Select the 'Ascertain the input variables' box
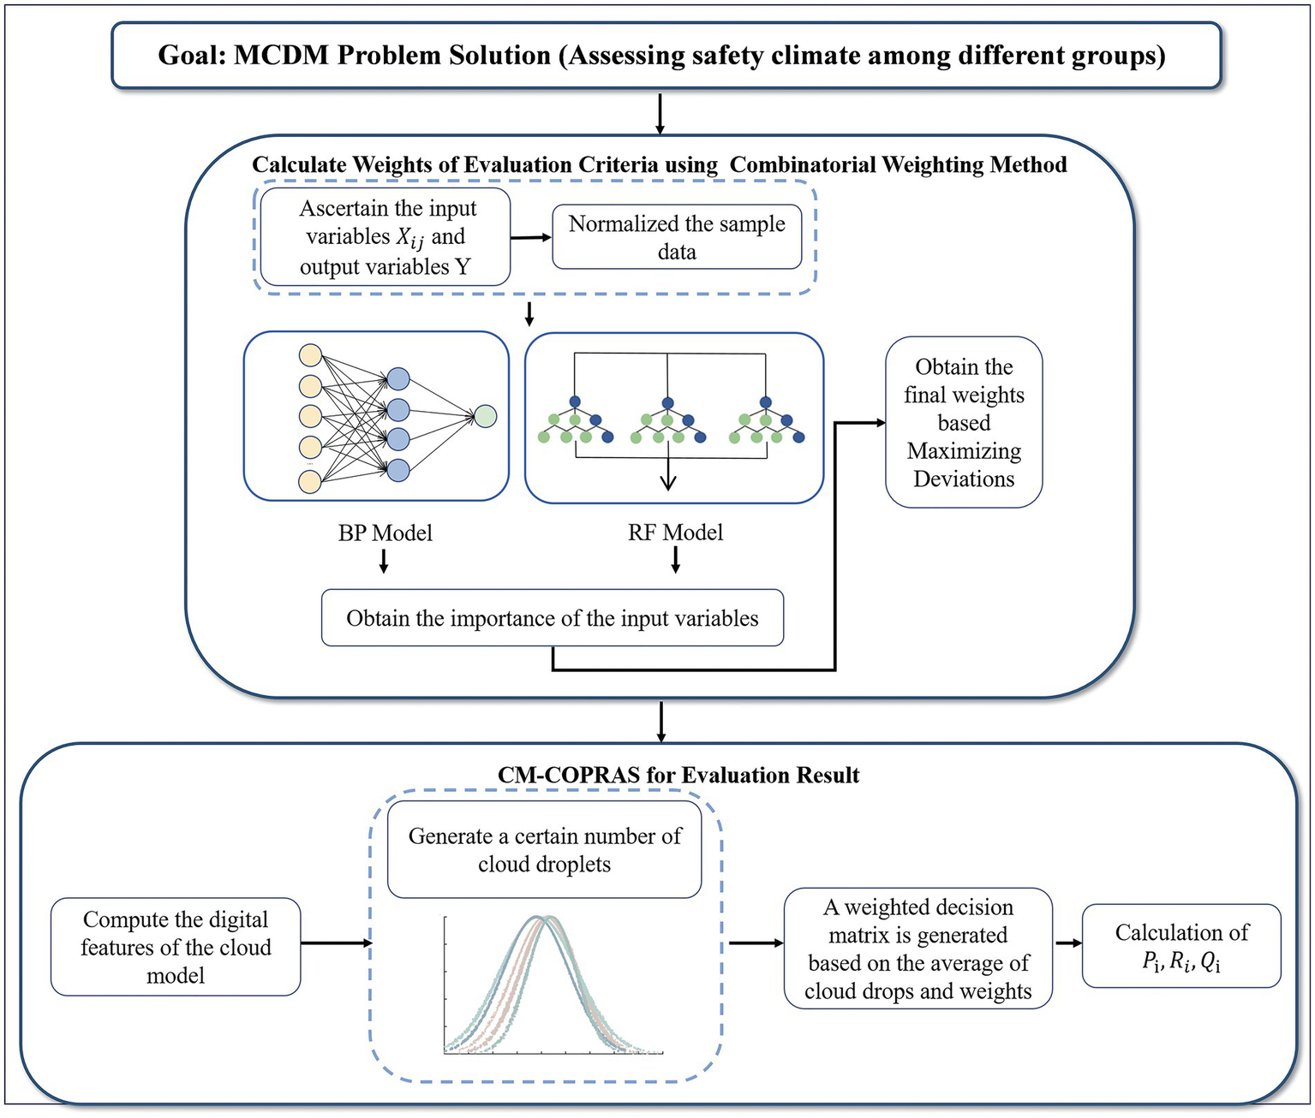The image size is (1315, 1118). click(x=386, y=237)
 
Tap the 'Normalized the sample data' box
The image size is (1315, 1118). click(x=677, y=237)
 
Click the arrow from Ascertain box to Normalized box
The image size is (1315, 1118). click(x=531, y=237)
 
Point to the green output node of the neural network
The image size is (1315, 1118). click(x=486, y=417)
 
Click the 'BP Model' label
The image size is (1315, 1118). click(x=385, y=532)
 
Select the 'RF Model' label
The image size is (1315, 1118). click(x=675, y=532)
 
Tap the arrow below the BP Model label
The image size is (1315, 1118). click(x=384, y=562)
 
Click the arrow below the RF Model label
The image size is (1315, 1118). click(x=675, y=560)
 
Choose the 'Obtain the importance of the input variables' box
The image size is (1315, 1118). click(x=553, y=618)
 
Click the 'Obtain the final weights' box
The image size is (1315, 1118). click(x=964, y=422)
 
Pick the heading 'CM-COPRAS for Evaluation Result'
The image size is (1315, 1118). click(x=678, y=775)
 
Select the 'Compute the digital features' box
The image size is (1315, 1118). click(x=176, y=947)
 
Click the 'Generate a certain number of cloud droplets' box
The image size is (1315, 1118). click(x=545, y=849)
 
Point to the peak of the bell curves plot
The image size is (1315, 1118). click(x=544, y=919)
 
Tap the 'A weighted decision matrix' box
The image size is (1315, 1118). click(x=918, y=949)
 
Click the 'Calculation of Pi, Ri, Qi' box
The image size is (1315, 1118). click(x=1181, y=946)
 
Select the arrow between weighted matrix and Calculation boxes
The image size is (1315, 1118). click(x=1067, y=943)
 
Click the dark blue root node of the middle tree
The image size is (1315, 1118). click(x=668, y=402)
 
